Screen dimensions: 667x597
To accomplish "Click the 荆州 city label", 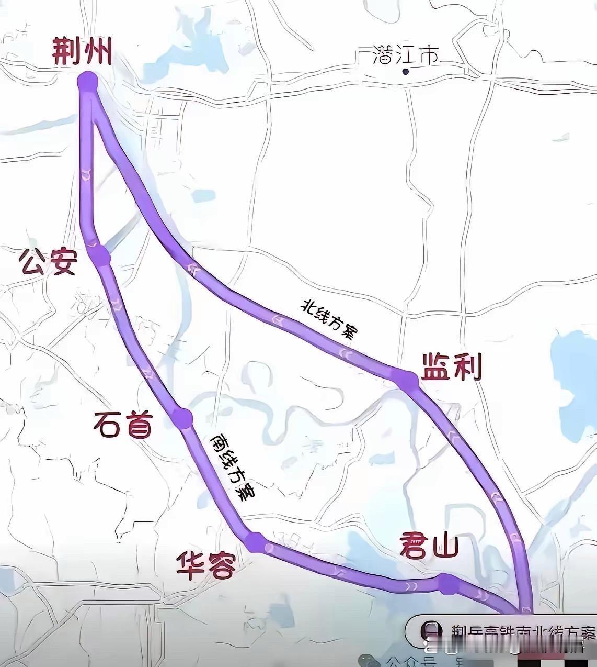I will (x=83, y=52).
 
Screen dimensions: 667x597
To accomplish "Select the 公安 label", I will (x=49, y=262).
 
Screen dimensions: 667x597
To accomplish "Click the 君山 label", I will (x=429, y=547).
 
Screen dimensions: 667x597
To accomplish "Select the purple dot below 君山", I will (x=447, y=584).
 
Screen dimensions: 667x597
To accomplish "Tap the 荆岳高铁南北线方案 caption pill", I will (x=502, y=631).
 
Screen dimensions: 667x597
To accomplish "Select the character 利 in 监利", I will (x=466, y=367).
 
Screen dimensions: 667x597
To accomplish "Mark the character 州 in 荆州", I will (x=98, y=52).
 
